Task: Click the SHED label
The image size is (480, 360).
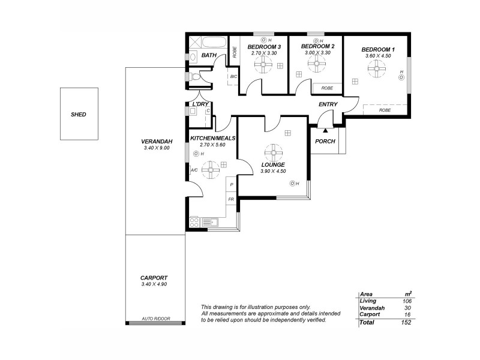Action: click(x=79, y=114)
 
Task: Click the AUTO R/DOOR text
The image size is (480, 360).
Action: click(x=156, y=319)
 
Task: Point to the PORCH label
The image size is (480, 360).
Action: click(x=325, y=142)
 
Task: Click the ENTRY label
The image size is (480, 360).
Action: click(x=328, y=104)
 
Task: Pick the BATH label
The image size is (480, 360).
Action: click(x=208, y=56)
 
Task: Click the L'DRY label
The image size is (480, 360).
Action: click(x=199, y=104)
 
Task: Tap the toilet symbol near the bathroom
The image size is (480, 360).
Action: click(x=194, y=77)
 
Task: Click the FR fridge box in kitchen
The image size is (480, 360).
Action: click(x=231, y=199)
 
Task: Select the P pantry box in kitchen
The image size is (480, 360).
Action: click(x=231, y=185)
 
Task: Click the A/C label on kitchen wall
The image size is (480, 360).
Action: click(x=194, y=170)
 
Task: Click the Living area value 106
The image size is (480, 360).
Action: click(x=407, y=301)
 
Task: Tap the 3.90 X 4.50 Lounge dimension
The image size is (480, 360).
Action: click(x=273, y=171)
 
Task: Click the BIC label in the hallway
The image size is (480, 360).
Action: click(x=233, y=77)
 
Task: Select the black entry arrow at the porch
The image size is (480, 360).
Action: click(x=325, y=129)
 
